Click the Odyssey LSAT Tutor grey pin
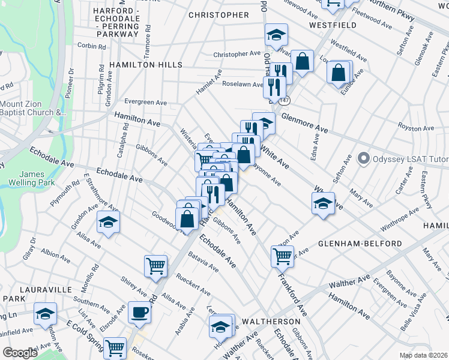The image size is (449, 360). pyautogui.click(x=363, y=159)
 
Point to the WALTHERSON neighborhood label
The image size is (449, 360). pyautogui.click(x=271, y=322)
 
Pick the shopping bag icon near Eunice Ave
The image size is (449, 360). pyautogui.click(x=339, y=73)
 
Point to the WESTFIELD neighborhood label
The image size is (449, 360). pyautogui.click(x=333, y=25)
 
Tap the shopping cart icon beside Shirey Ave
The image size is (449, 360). pyautogui.click(x=155, y=265)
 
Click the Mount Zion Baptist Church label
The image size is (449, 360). pyautogui.click(x=31, y=107)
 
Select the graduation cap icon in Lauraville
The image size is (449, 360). pyautogui.click(x=45, y=314)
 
